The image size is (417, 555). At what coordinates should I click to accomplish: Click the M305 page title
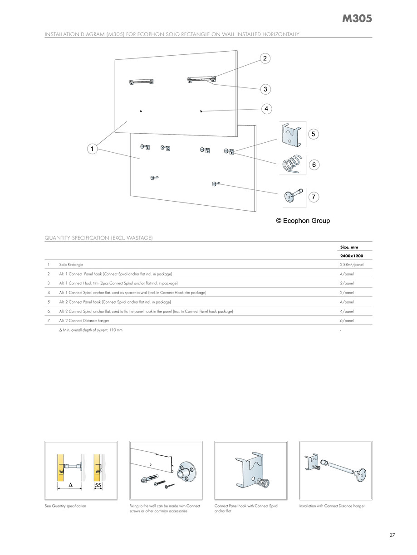(357, 19)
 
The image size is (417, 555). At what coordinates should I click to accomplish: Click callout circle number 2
(265, 58)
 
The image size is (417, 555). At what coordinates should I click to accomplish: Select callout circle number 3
(265, 89)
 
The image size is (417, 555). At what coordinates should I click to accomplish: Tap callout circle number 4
(267, 109)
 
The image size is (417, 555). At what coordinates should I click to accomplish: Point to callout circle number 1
(92, 149)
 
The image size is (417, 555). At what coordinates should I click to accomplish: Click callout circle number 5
(314, 134)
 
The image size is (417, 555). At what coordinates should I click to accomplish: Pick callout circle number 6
(314, 165)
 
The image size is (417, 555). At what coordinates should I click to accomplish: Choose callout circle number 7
(314, 197)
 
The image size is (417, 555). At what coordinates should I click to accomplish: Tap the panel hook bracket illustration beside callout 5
(291, 134)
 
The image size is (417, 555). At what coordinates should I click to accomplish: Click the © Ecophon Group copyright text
(303, 221)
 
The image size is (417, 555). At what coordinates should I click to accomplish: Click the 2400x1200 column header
(351, 256)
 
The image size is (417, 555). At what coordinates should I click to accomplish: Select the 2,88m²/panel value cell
(352, 264)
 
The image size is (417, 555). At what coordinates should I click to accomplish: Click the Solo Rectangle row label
(71, 264)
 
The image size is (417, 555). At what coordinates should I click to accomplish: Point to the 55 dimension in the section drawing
(98, 485)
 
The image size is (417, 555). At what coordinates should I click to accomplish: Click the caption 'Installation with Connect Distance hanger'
(332, 506)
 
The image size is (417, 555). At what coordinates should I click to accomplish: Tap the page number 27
(392, 535)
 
